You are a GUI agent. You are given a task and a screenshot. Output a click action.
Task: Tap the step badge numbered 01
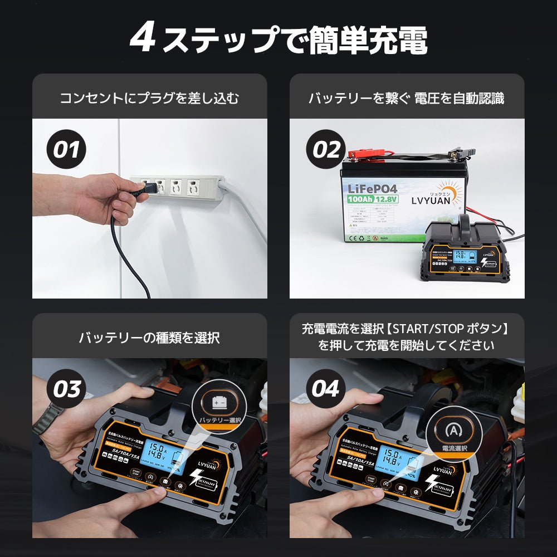point(66,150)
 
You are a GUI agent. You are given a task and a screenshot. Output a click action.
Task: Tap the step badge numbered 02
point(326,150)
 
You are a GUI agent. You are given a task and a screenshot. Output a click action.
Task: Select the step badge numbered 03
point(66,389)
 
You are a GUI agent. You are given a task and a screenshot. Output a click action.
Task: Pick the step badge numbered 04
point(326,389)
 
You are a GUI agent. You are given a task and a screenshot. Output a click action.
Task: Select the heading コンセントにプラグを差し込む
point(149,99)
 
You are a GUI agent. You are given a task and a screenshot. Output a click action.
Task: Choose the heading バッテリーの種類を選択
point(149,337)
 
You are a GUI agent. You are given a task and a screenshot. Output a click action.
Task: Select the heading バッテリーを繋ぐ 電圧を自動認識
point(407,99)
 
